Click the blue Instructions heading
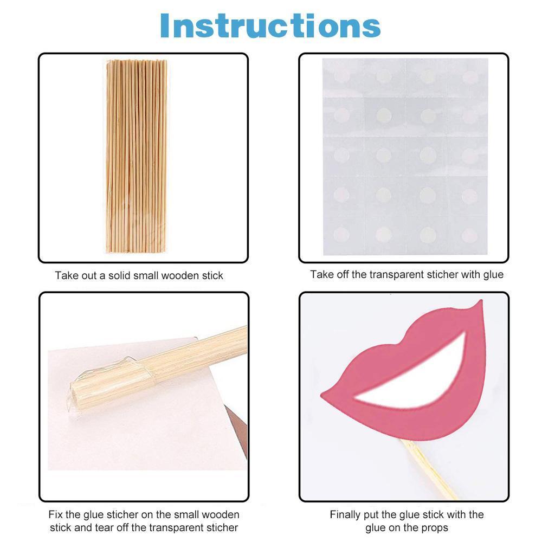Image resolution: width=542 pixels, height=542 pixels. tap(270, 25)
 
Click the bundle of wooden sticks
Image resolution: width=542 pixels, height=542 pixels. tap(136, 156)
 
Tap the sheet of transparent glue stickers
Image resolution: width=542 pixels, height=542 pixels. tap(405, 157)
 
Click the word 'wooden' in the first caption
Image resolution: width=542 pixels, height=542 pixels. tap(178, 276)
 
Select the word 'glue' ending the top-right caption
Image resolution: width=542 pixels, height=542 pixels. tap(494, 275)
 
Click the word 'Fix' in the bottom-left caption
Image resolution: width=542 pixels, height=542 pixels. tap(55, 515)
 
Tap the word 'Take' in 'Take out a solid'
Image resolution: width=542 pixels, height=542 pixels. tap(66, 276)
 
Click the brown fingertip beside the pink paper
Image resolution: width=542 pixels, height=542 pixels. tap(237, 429)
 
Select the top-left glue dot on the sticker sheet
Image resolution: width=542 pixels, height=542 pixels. tap(341, 75)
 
